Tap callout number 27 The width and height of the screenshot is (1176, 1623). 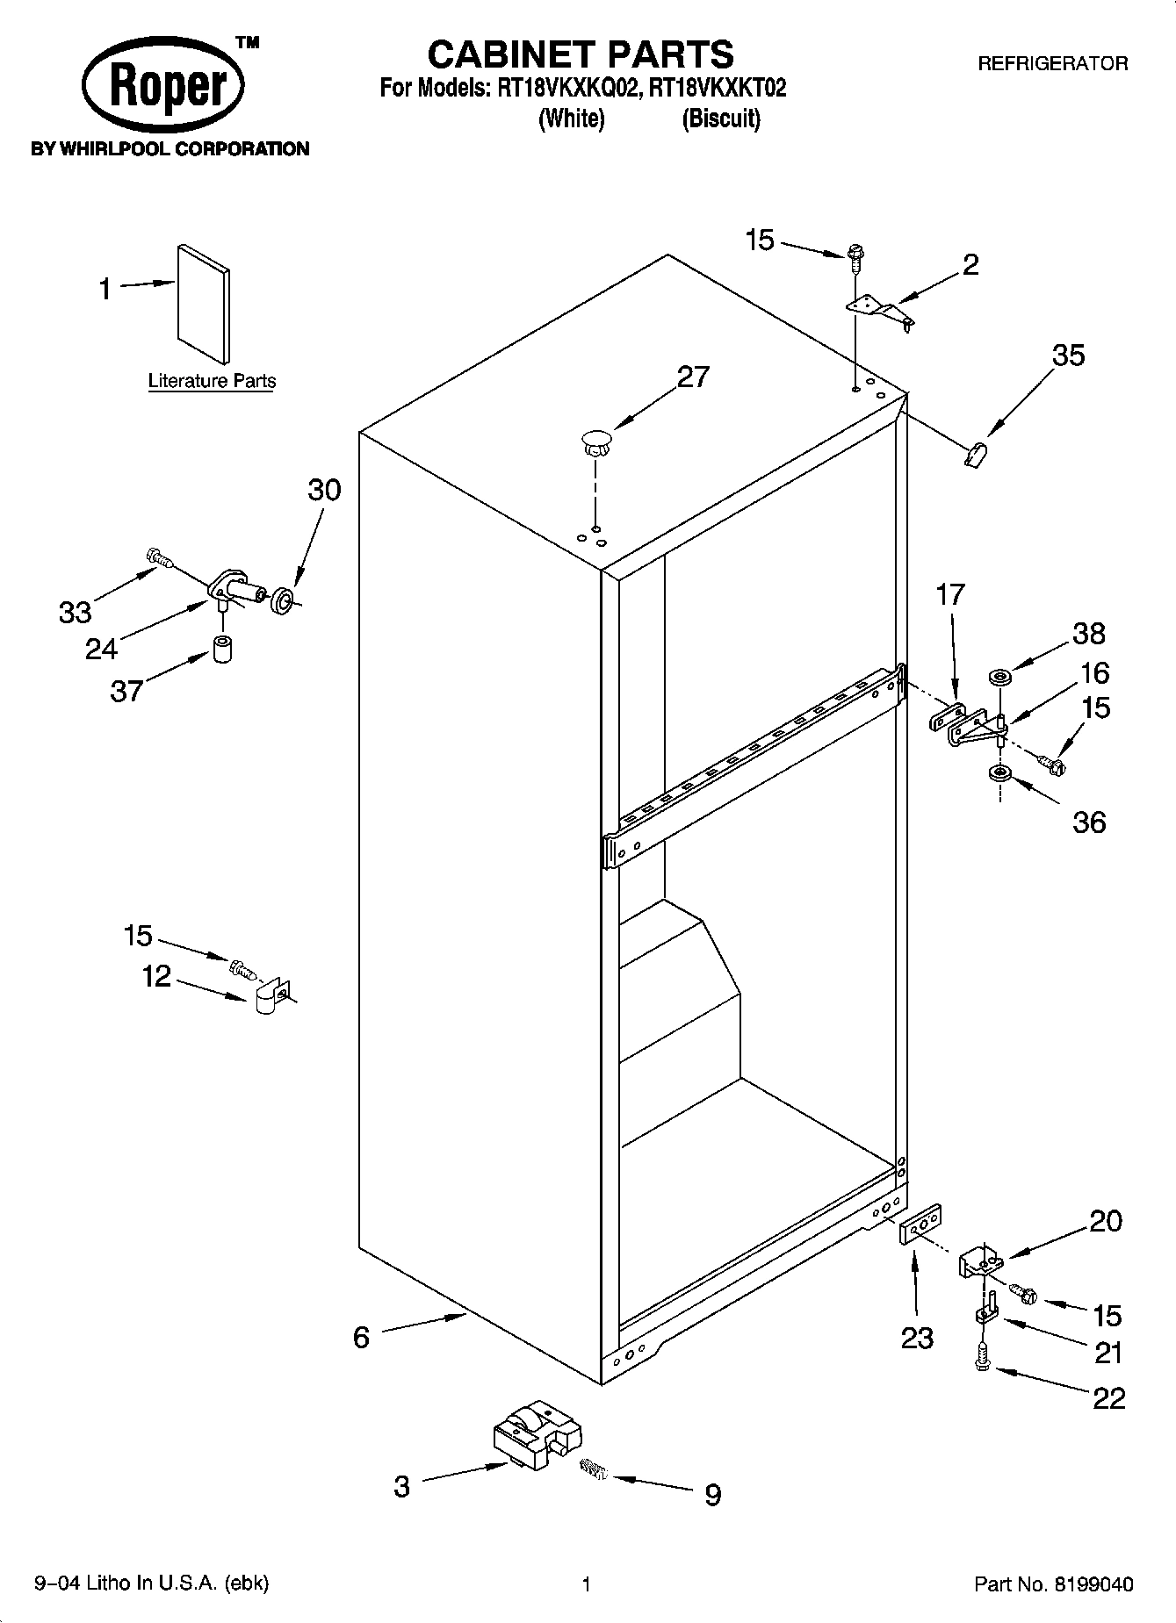tap(692, 377)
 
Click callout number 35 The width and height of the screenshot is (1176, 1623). tap(1068, 355)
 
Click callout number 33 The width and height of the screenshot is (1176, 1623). tap(75, 612)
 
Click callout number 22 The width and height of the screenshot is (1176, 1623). tap(1108, 1397)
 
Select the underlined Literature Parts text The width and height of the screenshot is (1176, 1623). tap(212, 381)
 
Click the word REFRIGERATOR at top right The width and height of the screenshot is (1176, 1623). tap(1052, 63)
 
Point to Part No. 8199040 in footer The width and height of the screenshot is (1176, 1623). tap(1053, 1584)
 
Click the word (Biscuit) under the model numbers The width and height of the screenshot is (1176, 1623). tap(720, 118)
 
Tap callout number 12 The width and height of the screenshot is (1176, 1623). tap(156, 976)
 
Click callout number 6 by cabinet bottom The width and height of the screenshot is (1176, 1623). tap(361, 1337)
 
